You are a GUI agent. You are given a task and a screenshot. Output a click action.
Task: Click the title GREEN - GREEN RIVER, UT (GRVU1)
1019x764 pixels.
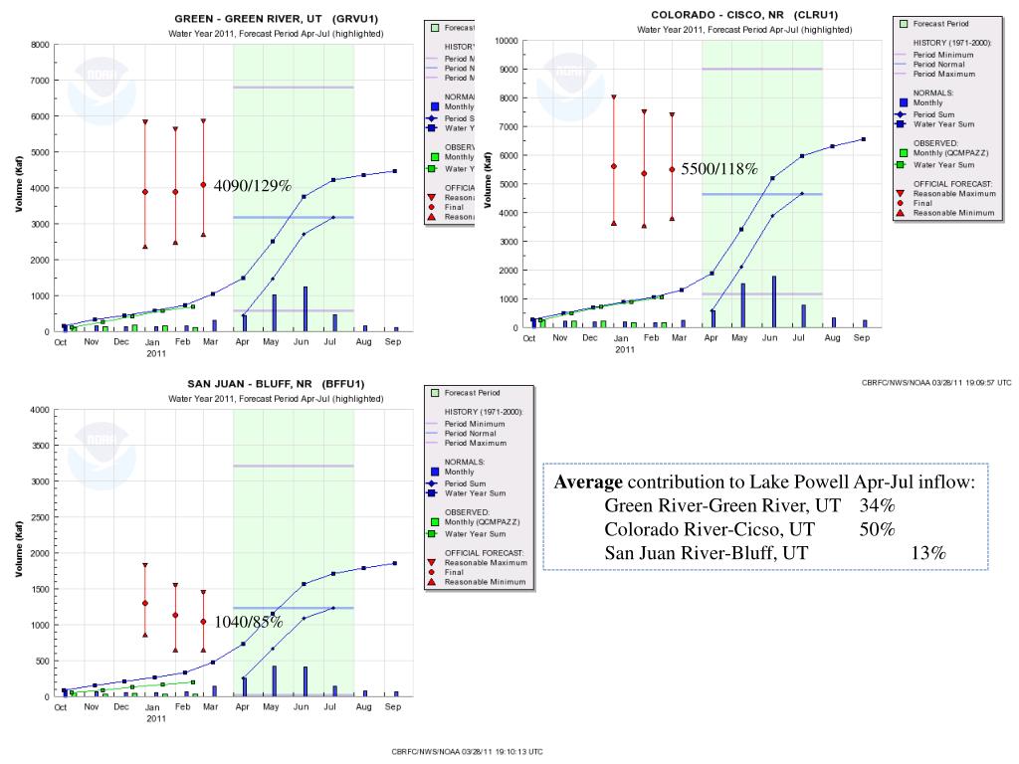(x=276, y=19)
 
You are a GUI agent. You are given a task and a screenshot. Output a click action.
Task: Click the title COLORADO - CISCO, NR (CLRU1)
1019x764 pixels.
(x=744, y=15)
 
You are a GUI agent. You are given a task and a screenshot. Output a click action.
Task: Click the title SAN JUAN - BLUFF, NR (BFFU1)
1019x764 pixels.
(x=276, y=384)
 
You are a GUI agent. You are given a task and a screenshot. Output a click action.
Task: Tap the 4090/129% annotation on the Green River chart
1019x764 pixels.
(x=252, y=186)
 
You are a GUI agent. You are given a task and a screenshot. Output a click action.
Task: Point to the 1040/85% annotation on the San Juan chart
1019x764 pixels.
(x=249, y=623)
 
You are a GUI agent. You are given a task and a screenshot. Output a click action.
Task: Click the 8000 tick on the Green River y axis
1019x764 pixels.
(x=40, y=45)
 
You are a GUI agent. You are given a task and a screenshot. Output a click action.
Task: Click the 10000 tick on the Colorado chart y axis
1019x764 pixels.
(x=505, y=41)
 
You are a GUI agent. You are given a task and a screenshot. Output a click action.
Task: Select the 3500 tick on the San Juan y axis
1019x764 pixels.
(x=40, y=446)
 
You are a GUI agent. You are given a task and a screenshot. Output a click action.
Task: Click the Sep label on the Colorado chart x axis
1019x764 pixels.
(x=862, y=338)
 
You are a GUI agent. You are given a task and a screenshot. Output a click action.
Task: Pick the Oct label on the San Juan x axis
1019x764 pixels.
(x=61, y=707)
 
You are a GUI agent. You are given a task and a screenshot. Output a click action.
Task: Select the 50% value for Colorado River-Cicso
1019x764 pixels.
(x=878, y=529)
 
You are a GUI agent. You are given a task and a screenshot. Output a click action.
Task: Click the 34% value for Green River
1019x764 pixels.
(x=878, y=506)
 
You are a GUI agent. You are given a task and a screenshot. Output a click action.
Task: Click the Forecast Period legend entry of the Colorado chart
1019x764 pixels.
(x=941, y=23)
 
